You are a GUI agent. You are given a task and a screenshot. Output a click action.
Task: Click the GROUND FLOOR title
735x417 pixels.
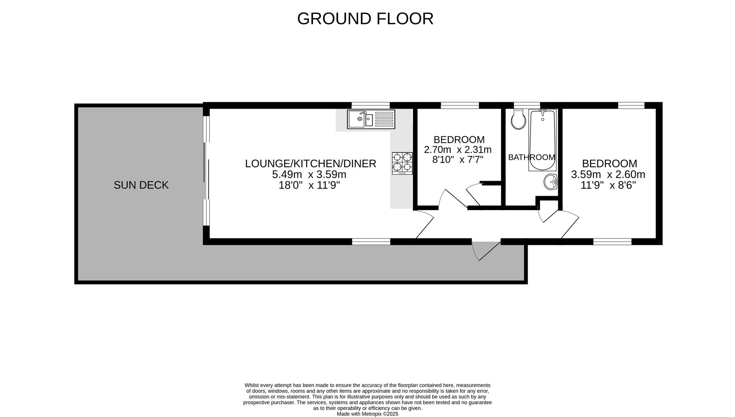pos(365,19)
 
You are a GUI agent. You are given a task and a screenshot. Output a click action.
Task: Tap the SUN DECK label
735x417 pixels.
pos(141,185)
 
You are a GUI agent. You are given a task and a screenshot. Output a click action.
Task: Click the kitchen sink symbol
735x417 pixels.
pos(371,119)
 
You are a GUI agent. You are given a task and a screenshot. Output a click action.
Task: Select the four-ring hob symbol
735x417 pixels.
pos(402,163)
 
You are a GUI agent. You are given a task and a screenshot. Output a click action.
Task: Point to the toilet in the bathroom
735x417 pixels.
pos(518,119)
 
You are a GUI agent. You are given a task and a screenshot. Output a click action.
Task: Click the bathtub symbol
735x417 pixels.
pos(542,140)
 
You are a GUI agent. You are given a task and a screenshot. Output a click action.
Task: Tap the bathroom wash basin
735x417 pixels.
pos(550,182)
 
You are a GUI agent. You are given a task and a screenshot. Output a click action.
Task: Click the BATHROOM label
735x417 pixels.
pos(531,157)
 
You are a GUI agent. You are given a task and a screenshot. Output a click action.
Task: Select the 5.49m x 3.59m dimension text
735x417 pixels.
pos(309,175)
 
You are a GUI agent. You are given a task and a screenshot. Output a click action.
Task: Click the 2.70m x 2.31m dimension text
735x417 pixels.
pos(458,149)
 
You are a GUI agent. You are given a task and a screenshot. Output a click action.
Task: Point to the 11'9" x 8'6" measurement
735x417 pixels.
pos(608,185)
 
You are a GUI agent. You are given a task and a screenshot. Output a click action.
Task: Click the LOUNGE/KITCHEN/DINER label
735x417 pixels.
pos(310,163)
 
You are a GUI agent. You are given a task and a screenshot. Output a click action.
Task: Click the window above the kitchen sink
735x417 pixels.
pos(371,105)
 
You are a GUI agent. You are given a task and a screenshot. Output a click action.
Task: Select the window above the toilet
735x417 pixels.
pos(526,105)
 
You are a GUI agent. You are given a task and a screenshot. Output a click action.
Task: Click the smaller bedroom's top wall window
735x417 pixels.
pos(459,105)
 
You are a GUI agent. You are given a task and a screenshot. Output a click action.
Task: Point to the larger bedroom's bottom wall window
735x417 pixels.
pos(612,242)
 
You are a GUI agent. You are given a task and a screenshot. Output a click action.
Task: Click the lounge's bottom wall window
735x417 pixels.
pos(371,242)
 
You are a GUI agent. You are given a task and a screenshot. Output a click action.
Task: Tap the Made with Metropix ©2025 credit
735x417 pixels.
pos(367,414)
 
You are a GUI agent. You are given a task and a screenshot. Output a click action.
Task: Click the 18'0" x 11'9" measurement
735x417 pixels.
pos(309,185)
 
